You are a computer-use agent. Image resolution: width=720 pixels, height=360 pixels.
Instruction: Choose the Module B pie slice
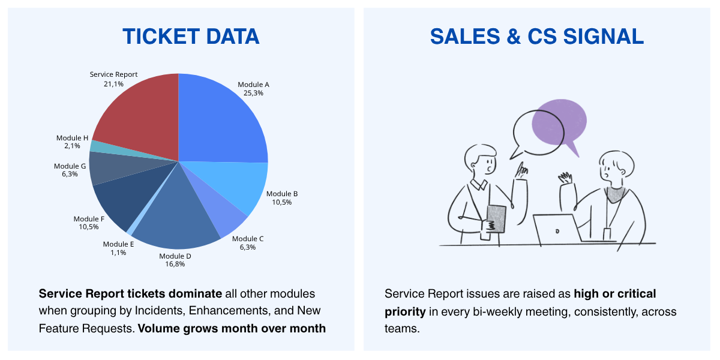point(238,183)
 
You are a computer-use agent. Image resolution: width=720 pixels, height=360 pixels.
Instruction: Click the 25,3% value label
point(253,93)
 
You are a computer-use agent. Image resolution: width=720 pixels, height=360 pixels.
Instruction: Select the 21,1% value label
point(113,84)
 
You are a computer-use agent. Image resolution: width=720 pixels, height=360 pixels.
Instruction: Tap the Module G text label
point(70,166)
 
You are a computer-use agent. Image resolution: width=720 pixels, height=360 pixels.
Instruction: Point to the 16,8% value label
point(175,264)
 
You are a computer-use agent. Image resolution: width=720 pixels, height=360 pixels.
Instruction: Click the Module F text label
point(89,219)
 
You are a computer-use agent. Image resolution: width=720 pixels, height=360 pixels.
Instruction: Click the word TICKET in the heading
point(161,37)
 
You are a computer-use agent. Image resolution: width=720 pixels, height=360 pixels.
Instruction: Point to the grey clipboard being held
point(496,219)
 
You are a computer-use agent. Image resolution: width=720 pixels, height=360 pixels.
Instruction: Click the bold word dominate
point(195,294)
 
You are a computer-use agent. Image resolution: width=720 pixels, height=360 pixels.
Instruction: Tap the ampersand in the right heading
point(514,37)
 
